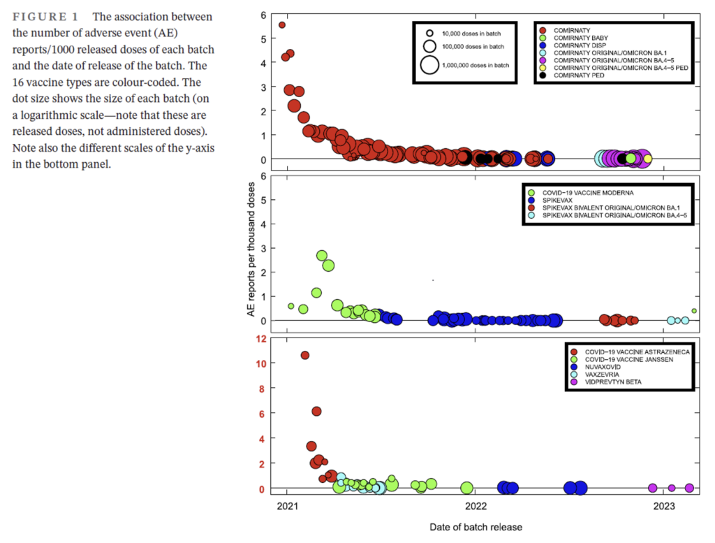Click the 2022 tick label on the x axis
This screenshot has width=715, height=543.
[x=476, y=505]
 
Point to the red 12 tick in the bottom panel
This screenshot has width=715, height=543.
[x=262, y=339]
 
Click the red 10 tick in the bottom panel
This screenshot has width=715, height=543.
[x=262, y=363]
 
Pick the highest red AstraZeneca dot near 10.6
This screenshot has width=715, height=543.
[x=305, y=355]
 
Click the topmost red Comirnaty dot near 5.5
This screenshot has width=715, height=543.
[x=282, y=25]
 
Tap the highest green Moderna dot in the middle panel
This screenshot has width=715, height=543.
[x=322, y=256]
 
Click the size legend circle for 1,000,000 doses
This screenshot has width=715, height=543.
[x=430, y=65]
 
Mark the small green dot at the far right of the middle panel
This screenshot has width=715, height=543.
[x=694, y=311]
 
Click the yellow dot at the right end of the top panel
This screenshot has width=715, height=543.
[x=647, y=159]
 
